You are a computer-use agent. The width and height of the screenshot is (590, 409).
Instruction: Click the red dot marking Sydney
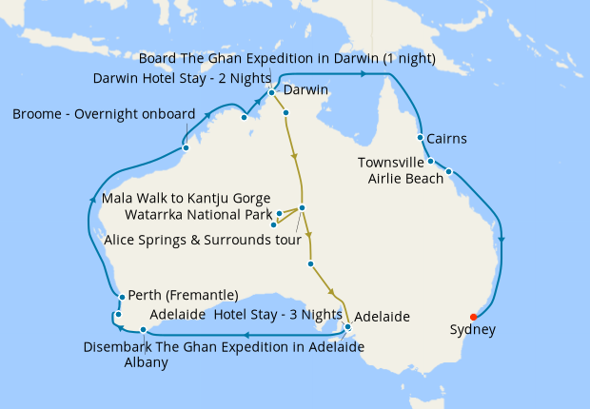[x=474, y=317]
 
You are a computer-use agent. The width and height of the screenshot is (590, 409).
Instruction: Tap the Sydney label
[x=473, y=331]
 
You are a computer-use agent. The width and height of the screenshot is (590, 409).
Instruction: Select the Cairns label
[x=446, y=139]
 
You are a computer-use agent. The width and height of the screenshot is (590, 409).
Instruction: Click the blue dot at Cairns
[x=420, y=139]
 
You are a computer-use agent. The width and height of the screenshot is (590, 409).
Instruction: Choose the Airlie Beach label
[x=405, y=177]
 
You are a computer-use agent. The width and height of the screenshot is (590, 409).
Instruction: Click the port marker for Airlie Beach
[x=448, y=172]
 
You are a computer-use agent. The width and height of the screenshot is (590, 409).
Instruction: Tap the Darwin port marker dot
[x=271, y=92]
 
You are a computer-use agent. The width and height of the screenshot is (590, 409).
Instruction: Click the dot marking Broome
[x=186, y=147]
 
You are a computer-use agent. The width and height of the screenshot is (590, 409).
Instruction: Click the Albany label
[x=146, y=362]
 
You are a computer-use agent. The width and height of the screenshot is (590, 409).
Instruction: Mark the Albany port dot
[x=143, y=330]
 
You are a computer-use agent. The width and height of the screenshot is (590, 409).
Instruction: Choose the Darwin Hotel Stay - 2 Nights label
[x=177, y=77]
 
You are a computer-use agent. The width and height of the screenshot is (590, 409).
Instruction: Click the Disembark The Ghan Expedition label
[x=224, y=346]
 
